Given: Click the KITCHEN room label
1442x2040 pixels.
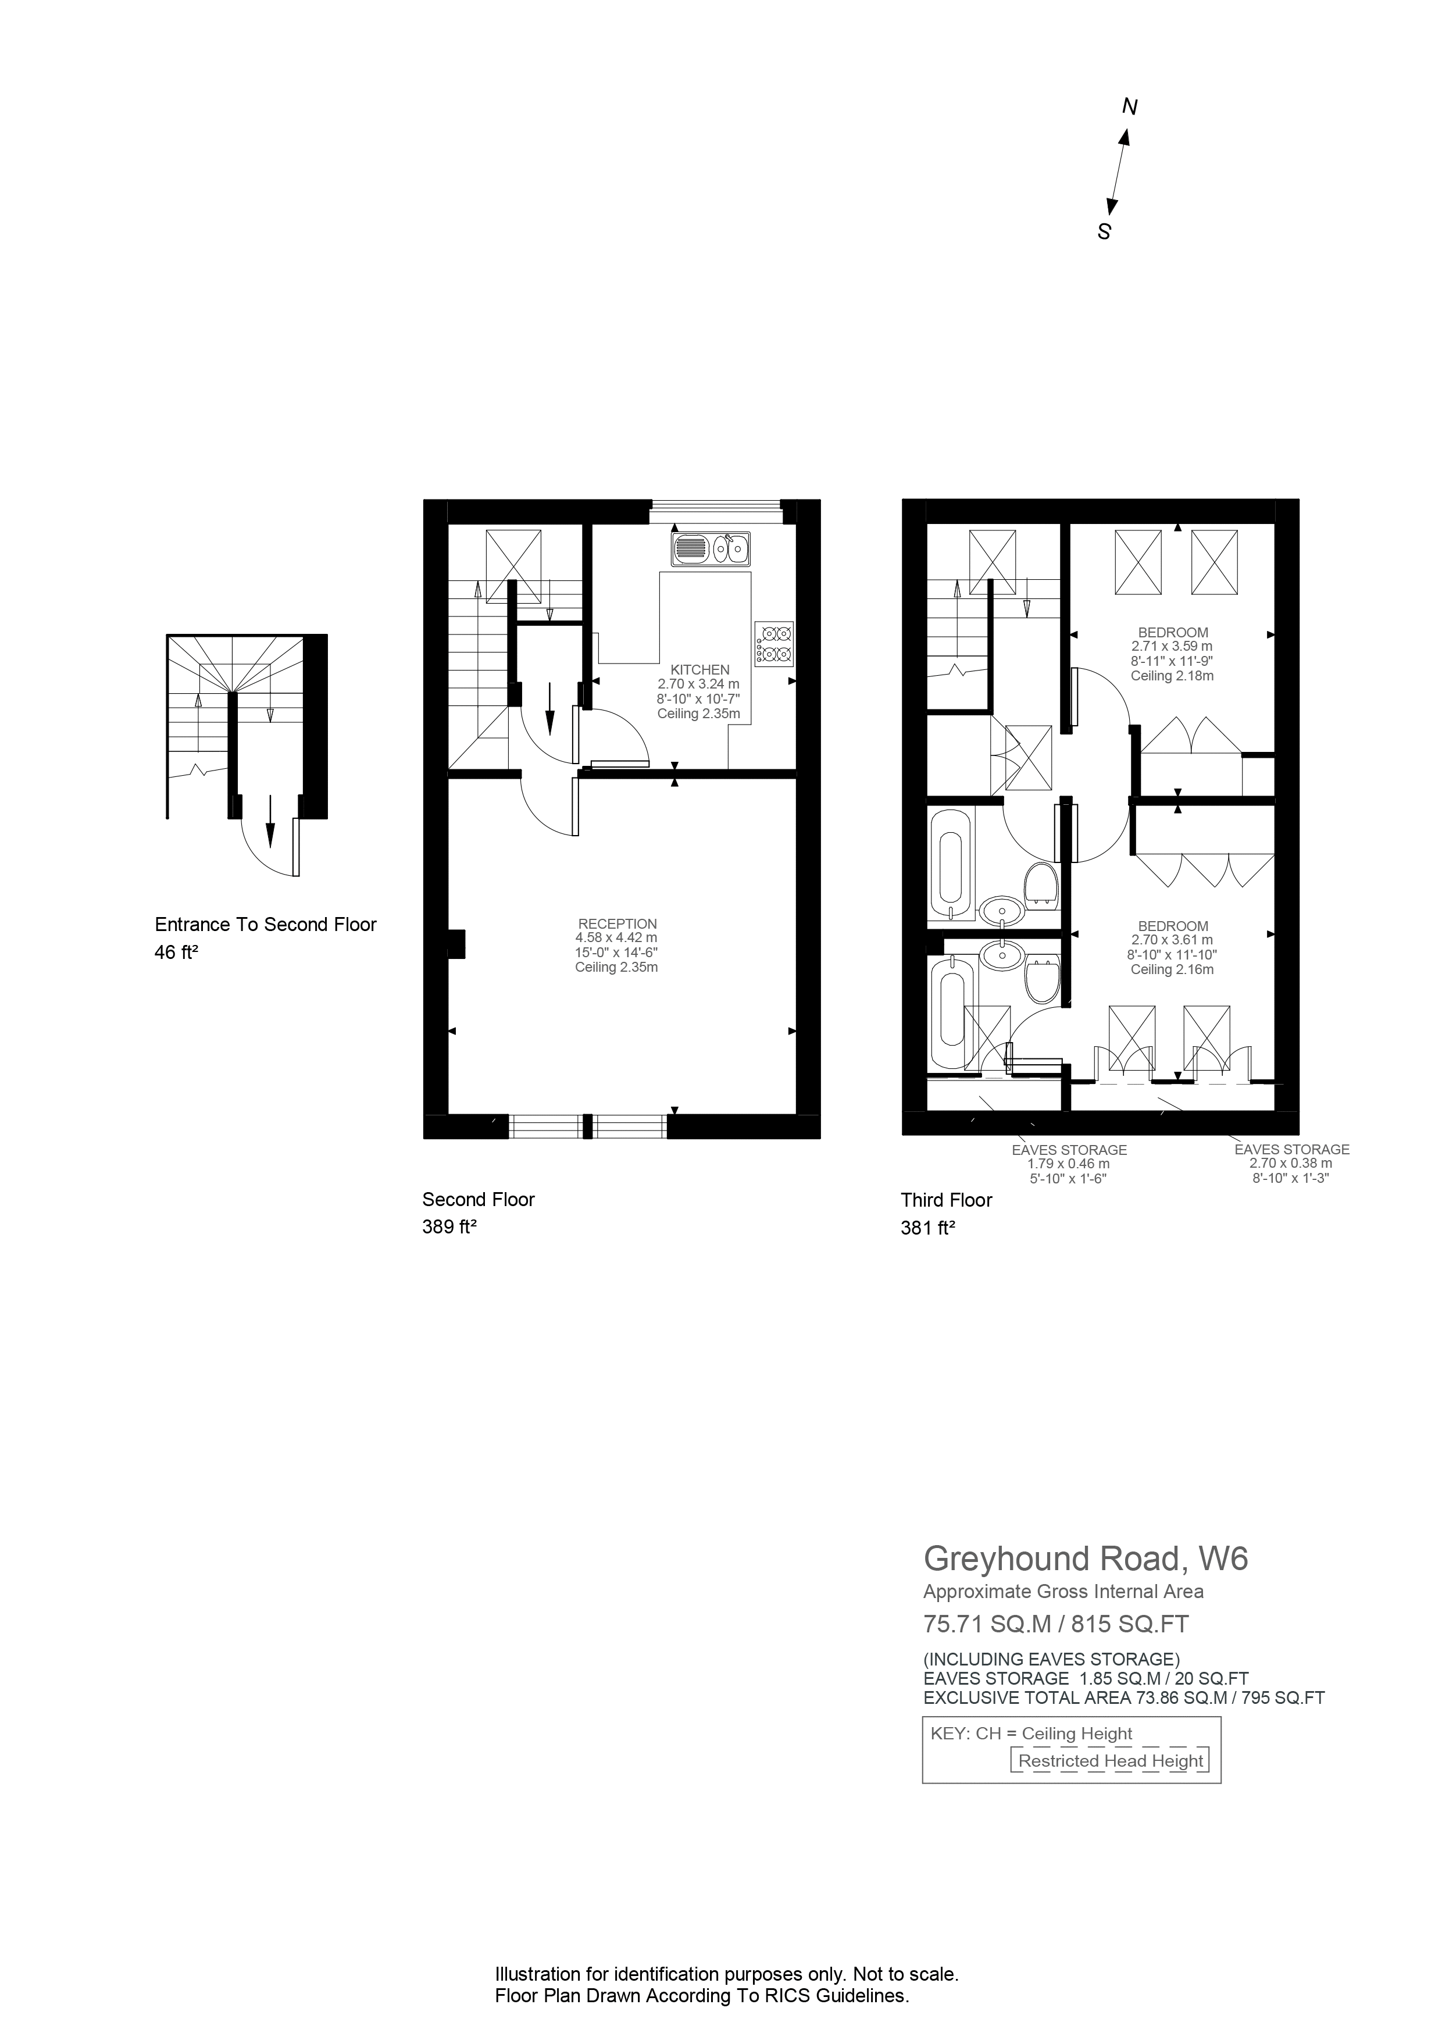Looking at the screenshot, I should [699, 670].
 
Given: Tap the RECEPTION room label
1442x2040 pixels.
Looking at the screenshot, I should [618, 924].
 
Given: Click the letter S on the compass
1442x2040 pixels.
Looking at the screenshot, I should [1104, 232].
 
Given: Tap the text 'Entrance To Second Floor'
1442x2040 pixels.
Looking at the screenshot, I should [266, 924].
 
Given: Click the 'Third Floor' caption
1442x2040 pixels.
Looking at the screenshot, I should [946, 1200].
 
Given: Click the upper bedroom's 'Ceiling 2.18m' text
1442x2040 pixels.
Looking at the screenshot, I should [1172, 676].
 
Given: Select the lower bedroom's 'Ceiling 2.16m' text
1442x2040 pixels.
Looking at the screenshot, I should [1172, 969].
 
